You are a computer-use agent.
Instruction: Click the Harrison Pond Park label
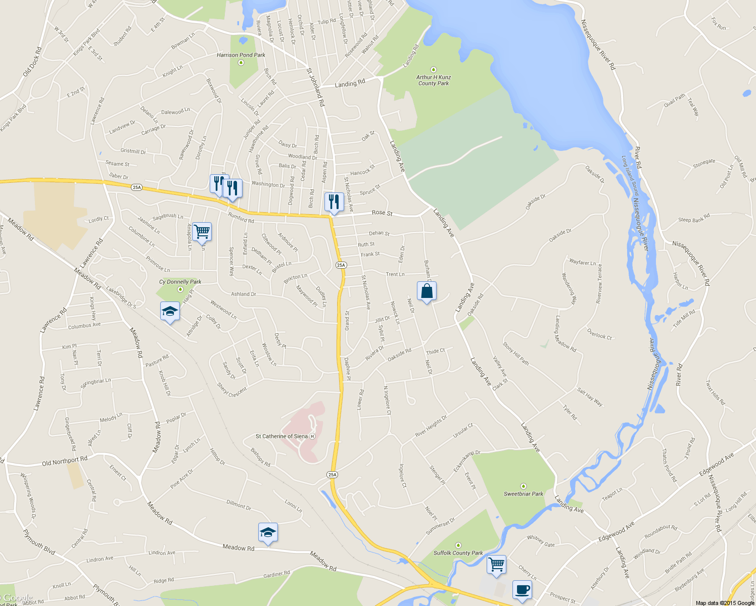coord(241,55)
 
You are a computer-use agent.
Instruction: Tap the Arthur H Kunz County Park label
coord(434,80)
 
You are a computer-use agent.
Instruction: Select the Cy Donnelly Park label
coord(180,282)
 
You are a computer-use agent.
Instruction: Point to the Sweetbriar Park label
coord(523,494)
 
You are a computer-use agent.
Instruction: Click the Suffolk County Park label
coord(458,553)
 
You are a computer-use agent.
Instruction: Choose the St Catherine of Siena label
coord(281,436)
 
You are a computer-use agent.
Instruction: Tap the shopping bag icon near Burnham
coord(427,291)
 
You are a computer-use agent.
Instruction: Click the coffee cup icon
coord(522,589)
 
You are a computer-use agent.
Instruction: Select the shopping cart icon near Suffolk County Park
coord(496,564)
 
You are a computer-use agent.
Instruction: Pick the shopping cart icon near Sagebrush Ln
coord(202,232)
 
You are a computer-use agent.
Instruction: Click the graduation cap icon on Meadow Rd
coord(268,532)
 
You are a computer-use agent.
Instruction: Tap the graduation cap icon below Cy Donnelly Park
coord(170,312)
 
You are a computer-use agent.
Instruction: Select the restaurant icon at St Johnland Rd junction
coord(334,202)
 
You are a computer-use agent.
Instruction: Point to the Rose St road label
coord(382,213)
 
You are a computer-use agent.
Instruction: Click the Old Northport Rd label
coord(64,461)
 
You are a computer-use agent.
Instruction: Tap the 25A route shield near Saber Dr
coord(136,187)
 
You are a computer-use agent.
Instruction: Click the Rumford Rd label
coord(241,218)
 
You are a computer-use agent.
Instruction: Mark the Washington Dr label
coord(268,184)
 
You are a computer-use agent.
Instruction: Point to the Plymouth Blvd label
coord(39,542)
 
